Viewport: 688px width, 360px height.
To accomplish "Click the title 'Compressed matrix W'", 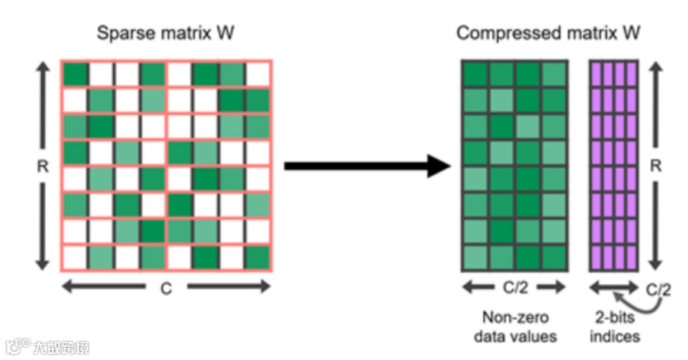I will pos(548,33).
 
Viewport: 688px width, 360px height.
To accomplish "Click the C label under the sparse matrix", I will pos(166,289).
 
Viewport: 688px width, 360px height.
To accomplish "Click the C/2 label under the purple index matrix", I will pos(659,290).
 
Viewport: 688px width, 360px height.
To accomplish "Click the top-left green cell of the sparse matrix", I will pos(75,74).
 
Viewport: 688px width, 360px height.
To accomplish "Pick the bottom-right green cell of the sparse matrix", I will pos(258,257).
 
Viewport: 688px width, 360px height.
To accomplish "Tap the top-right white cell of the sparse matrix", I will pos(258,74).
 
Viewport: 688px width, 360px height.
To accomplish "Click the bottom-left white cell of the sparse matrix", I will pos(75,257).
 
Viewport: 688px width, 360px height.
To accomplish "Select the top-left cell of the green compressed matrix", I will pos(475,74).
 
